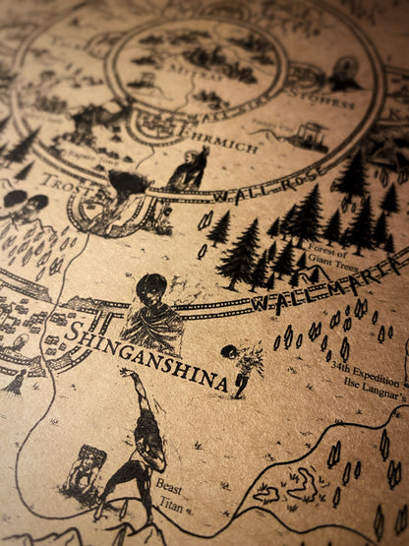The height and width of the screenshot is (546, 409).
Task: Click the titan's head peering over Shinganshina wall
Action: [152, 289]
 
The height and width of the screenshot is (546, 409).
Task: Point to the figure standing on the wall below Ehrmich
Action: [191, 169]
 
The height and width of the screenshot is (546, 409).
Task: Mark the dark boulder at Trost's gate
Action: [128, 183]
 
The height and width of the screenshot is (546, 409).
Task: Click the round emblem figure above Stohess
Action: [344, 72]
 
